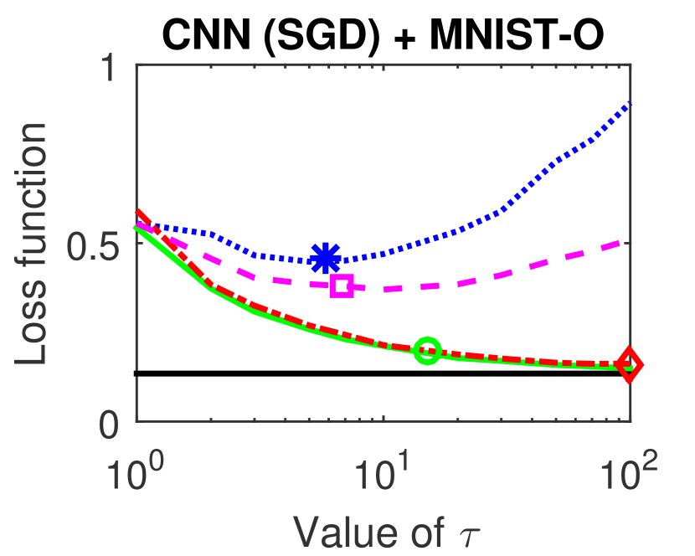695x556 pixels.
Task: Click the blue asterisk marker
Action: tap(325, 258)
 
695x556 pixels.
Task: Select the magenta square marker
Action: tap(342, 286)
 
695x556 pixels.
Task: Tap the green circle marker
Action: tap(427, 350)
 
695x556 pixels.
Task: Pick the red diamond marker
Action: tap(629, 365)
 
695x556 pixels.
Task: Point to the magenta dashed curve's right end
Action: tap(629, 241)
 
